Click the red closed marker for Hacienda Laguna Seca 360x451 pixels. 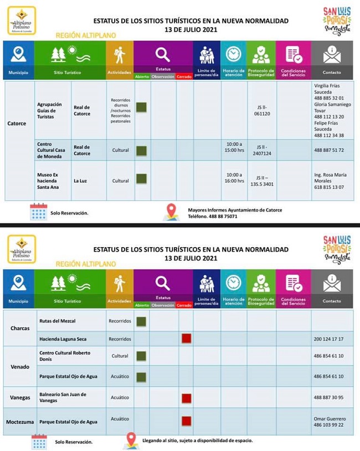click(x=186, y=339)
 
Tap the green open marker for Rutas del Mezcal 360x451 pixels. click(x=141, y=321)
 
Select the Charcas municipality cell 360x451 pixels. click(x=20, y=328)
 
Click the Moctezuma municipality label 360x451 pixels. click(x=20, y=422)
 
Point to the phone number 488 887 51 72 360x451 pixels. click(x=332, y=150)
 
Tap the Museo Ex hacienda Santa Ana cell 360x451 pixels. click(x=52, y=181)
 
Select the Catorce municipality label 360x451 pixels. click(x=17, y=124)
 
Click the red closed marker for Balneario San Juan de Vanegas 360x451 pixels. click(x=186, y=397)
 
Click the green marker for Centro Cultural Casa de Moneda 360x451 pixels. click(x=141, y=150)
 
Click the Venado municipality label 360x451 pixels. click(x=20, y=367)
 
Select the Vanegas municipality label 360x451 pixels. click(x=20, y=397)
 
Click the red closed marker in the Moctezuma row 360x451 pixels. click(x=186, y=421)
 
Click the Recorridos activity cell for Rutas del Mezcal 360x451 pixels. click(x=120, y=321)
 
